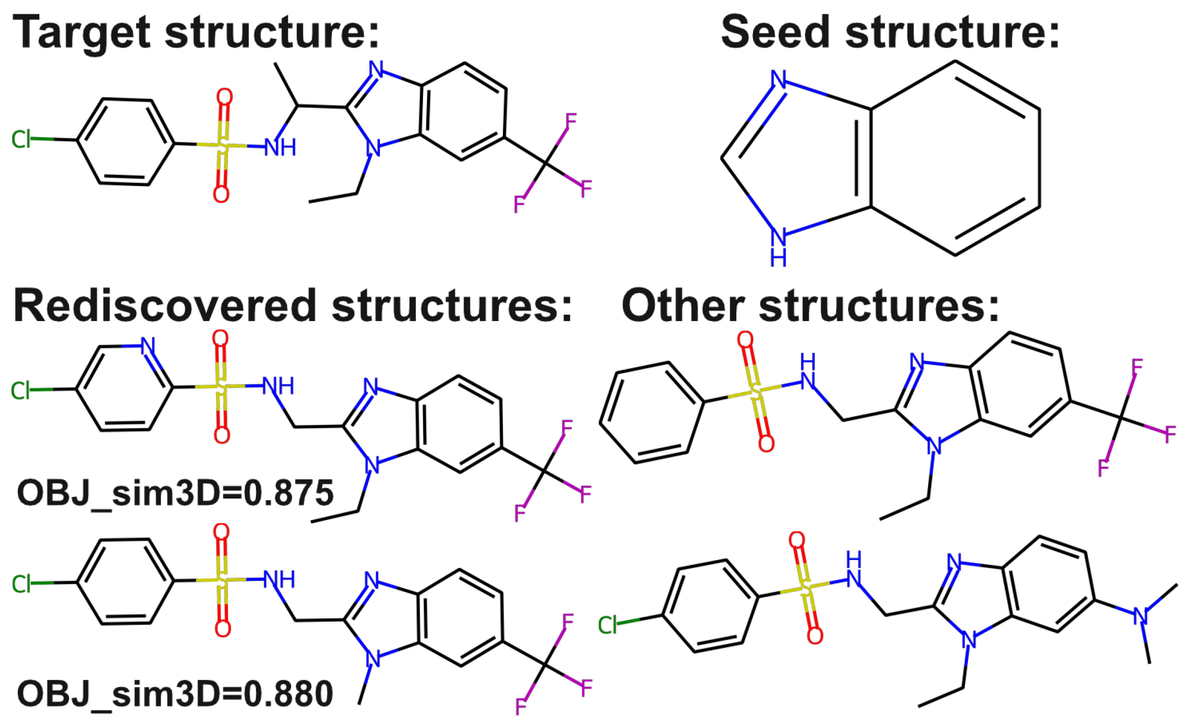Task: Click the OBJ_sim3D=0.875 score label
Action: [x=175, y=493]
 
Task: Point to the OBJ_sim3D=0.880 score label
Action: [x=175, y=694]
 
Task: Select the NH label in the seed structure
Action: [x=778, y=247]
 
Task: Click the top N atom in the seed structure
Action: [x=778, y=80]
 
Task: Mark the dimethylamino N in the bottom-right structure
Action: [x=1140, y=616]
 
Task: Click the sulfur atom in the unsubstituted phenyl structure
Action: [x=754, y=392]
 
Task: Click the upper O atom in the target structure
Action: [x=224, y=97]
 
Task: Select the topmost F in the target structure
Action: [x=571, y=121]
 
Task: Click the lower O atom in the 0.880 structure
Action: [x=222, y=629]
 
